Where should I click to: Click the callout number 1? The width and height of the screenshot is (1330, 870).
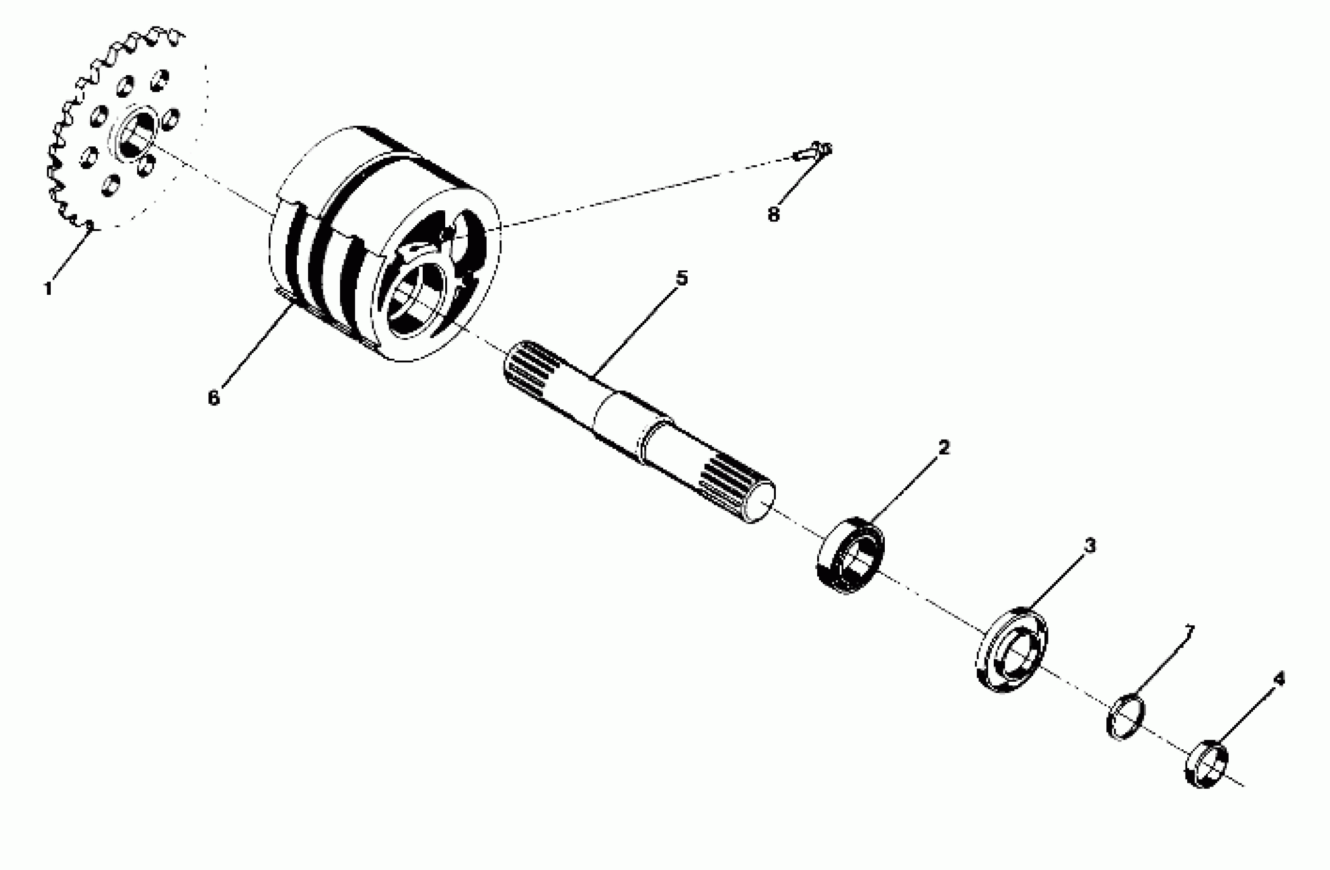click(x=48, y=289)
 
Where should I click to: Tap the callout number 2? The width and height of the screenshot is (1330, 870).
click(x=944, y=447)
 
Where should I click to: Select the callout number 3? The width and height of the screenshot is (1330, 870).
click(x=1089, y=546)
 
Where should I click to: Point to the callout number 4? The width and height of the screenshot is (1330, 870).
click(x=1279, y=679)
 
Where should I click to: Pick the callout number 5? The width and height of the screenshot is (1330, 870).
click(x=682, y=278)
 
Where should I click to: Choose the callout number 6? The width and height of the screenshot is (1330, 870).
click(x=213, y=398)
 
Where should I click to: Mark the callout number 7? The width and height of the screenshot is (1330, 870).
click(x=1188, y=632)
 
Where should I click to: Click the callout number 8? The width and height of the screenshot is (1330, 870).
click(x=773, y=214)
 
